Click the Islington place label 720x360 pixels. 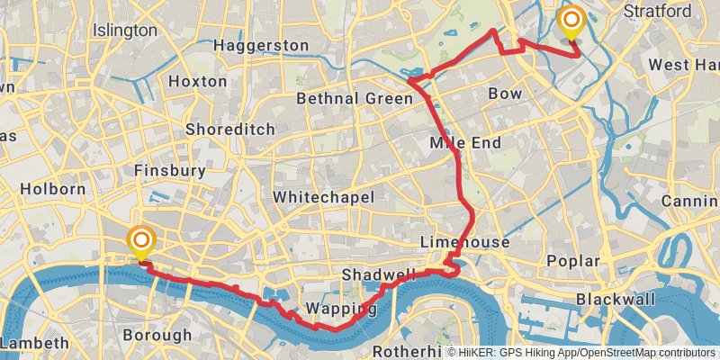124,31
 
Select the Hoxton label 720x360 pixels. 198,81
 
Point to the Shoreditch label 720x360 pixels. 229,129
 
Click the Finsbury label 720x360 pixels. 169,170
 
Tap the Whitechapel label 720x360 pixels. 323,196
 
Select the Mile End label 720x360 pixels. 464,142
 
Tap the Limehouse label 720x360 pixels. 464,243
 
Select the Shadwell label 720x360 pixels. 379,274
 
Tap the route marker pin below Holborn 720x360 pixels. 141,242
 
